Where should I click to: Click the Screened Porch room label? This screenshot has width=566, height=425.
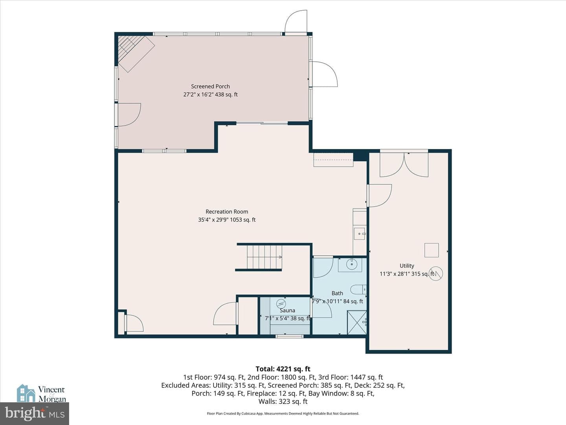click(x=210, y=87)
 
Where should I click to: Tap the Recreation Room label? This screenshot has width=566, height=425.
click(x=227, y=212)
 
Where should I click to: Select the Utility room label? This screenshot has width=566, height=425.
click(x=407, y=266)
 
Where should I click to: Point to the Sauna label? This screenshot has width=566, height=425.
click(x=287, y=310)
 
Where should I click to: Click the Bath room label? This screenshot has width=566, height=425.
click(x=337, y=294)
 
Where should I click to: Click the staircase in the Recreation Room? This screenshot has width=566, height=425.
click(x=265, y=257)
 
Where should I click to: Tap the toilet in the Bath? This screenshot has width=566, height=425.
click(x=358, y=290)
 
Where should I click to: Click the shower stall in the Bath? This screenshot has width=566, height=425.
click(x=357, y=323)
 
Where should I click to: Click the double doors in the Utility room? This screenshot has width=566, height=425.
click(x=404, y=164)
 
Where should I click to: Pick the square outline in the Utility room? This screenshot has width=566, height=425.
click(x=432, y=250)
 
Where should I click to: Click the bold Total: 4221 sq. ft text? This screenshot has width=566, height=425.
click(x=283, y=369)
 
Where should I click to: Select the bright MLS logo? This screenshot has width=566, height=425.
click(x=35, y=413)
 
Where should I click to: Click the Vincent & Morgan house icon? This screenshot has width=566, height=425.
click(x=26, y=393)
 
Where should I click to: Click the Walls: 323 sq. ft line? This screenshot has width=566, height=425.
click(x=283, y=401)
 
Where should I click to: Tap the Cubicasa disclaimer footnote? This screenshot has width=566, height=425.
click(x=283, y=414)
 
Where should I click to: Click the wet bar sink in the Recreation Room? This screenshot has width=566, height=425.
click(x=359, y=234)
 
